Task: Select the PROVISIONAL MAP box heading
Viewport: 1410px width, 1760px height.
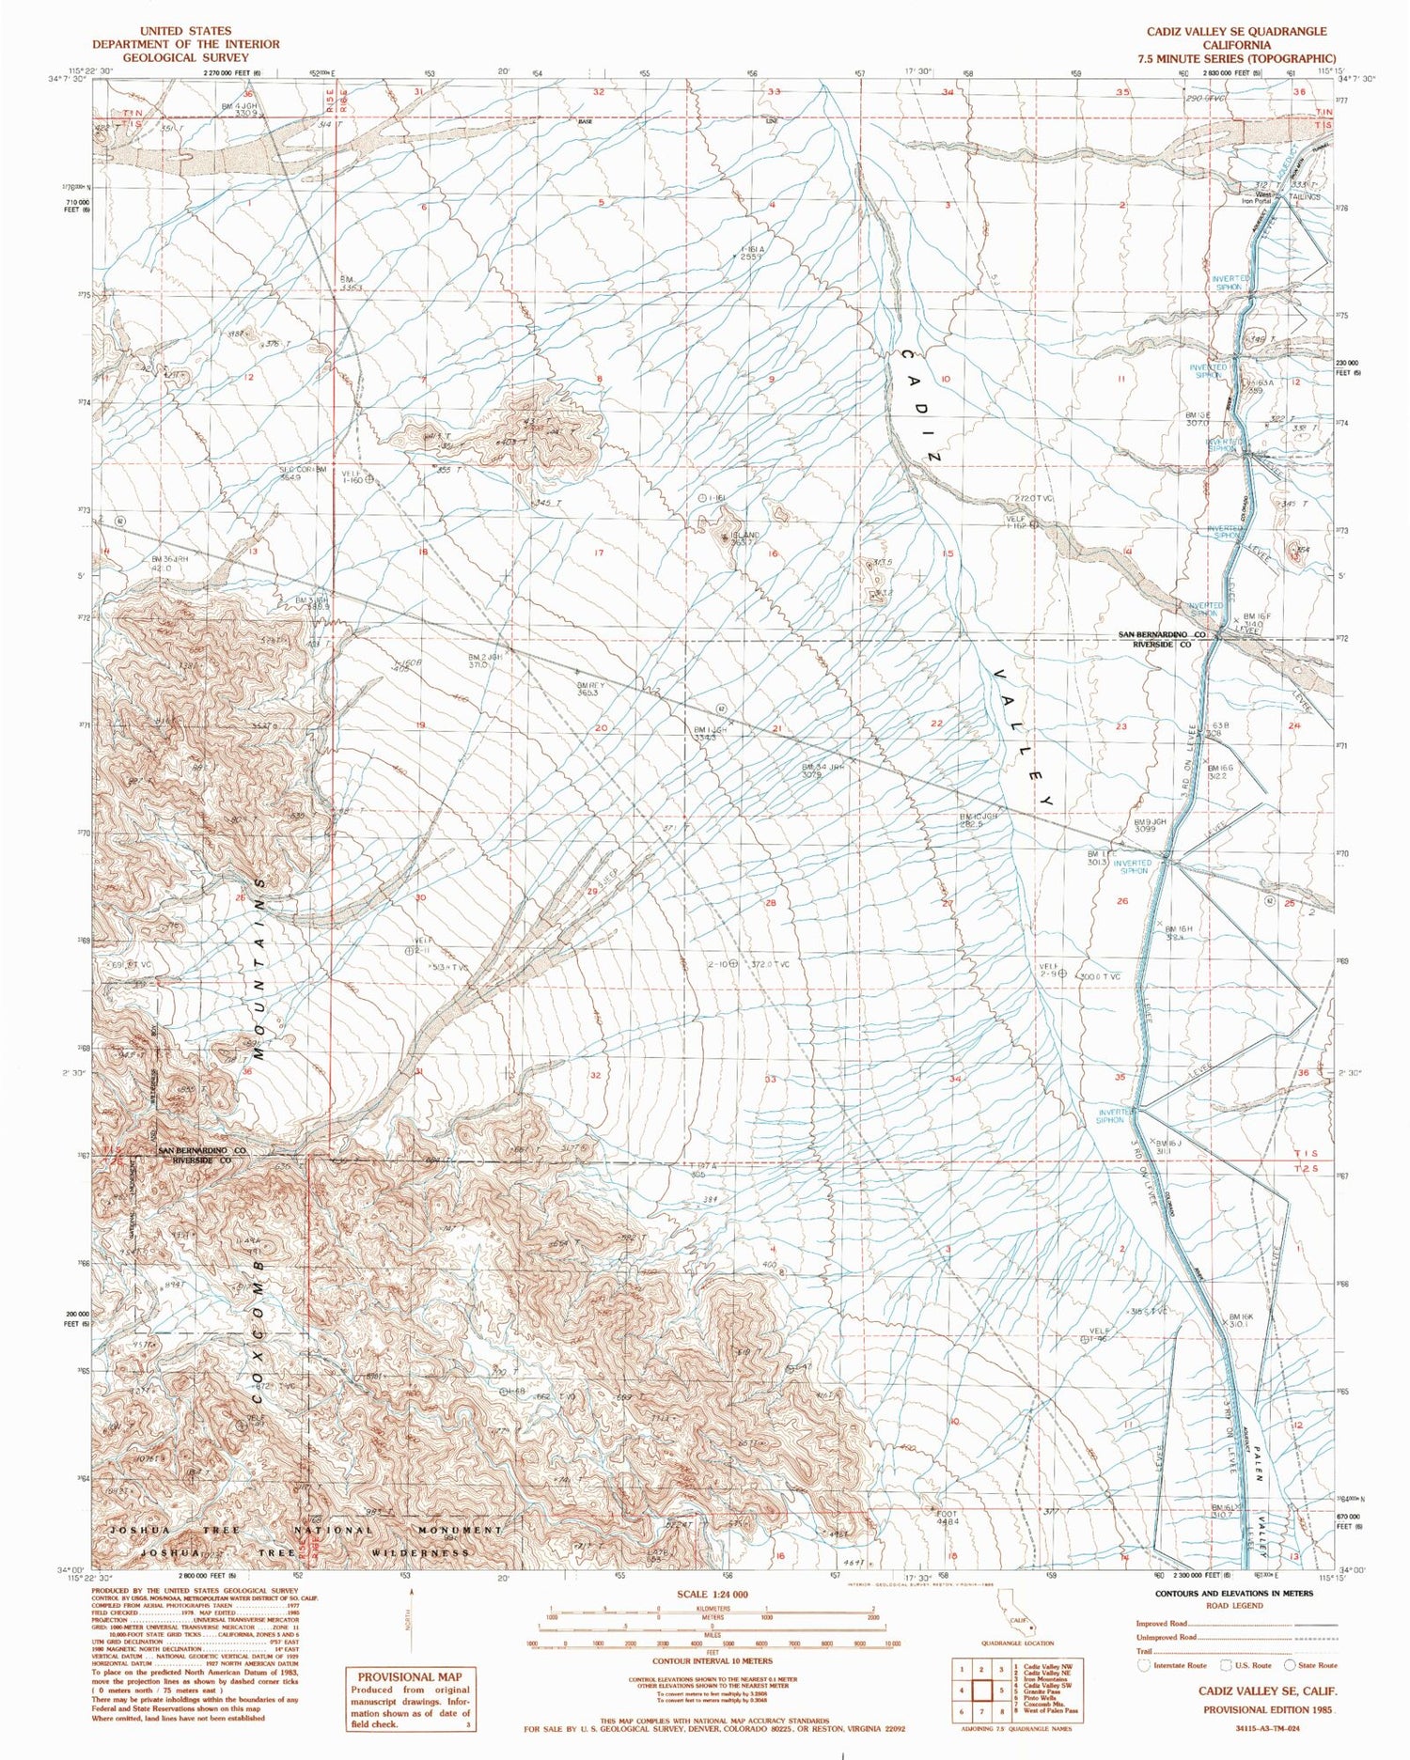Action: (409, 1676)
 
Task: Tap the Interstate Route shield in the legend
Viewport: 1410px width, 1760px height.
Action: (1144, 1665)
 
